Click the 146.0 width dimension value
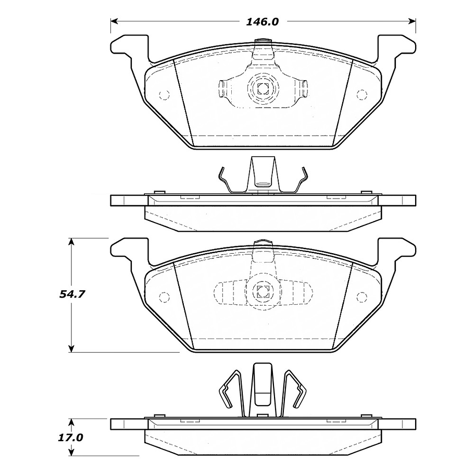pyautogui.click(x=263, y=22)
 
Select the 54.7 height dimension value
pyautogui.click(x=72, y=294)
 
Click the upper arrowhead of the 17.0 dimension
pyautogui.click(x=72, y=421)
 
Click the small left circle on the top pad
pyautogui.click(x=164, y=95)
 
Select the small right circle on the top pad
pyautogui.click(x=361, y=94)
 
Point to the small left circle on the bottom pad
pyautogui.click(x=164, y=297)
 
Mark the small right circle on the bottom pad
pyautogui.click(x=361, y=297)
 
